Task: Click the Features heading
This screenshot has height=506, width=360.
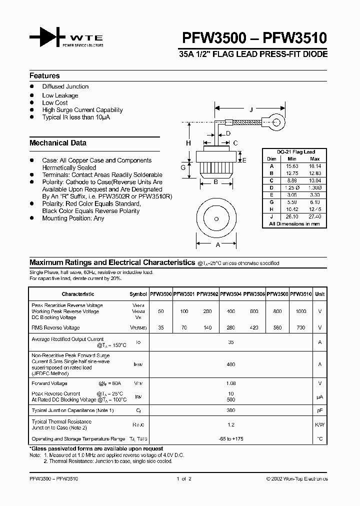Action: pyautogui.click(x=44, y=76)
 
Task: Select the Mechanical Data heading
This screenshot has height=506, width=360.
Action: pyautogui.click(x=57, y=143)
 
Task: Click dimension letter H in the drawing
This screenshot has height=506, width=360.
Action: pyautogui.click(x=188, y=143)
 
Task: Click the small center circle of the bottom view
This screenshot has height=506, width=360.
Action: pyautogui.click(x=216, y=219)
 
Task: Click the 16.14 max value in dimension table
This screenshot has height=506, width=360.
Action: pyautogui.click(x=314, y=165)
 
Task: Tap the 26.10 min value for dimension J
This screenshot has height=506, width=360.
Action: pyautogui.click(x=292, y=216)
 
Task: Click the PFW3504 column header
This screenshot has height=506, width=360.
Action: pyautogui.click(x=231, y=294)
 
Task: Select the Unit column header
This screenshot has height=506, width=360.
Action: pyautogui.click(x=320, y=294)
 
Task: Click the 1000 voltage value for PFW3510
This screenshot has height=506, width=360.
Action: pyautogui.click(x=301, y=311)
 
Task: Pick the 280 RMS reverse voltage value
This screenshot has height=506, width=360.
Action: pyautogui.click(x=230, y=328)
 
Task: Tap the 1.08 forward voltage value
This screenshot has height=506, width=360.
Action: pyautogui.click(x=230, y=383)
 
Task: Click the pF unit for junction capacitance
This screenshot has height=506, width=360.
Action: pyautogui.click(x=320, y=410)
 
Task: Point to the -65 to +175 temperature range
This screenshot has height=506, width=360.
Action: pyautogui.click(x=230, y=438)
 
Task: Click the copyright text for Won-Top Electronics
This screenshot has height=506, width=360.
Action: pyautogui.click(x=297, y=478)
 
